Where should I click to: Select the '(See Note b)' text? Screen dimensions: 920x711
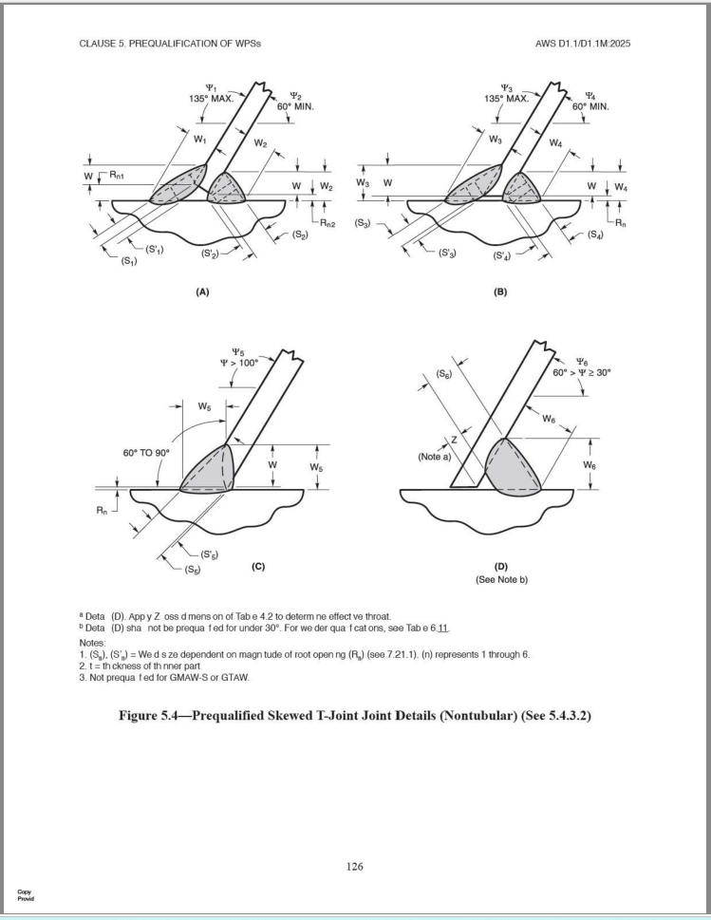click(496, 580)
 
